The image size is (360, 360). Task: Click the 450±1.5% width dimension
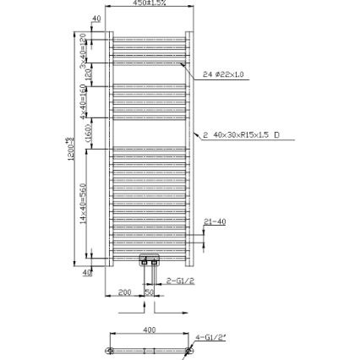pyautogui.click(x=149, y=4)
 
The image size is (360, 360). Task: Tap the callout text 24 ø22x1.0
pyautogui.click(x=224, y=76)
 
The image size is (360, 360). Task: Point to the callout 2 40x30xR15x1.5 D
pyautogui.click(x=243, y=134)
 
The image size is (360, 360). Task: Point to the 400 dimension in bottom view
pyautogui.click(x=150, y=330)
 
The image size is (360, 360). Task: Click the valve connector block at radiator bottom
pyautogui.click(x=150, y=259)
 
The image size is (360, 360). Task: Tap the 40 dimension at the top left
pyautogui.click(x=95, y=18)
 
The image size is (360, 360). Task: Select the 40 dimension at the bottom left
pyautogui.click(x=88, y=272)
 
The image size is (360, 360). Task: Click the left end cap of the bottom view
pyautogui.click(x=110, y=346)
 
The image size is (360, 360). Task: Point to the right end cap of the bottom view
pyautogui.click(x=188, y=346)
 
